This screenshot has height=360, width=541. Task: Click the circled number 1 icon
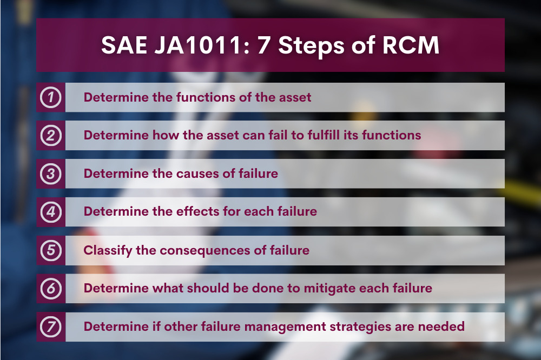tap(51, 97)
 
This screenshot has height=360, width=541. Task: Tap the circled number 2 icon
tap(51, 136)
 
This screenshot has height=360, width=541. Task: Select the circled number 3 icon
tap(51, 174)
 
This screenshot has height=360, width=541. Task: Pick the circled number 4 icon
tap(51, 212)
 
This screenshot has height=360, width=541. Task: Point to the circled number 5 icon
tap(51, 250)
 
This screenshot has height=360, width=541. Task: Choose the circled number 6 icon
tap(51, 288)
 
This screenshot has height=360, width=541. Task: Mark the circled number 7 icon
tap(51, 326)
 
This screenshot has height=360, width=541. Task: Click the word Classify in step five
tap(108, 251)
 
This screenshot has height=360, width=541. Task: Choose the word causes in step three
tap(197, 174)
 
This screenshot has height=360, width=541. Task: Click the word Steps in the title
tap(311, 46)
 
